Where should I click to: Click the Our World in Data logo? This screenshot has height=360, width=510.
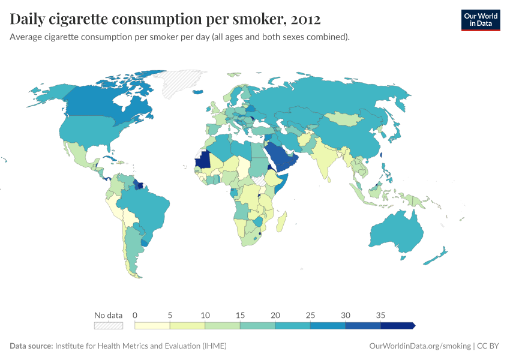tap(480, 20)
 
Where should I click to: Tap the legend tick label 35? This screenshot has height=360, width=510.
tap(380, 315)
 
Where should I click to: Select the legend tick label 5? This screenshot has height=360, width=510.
tap(170, 315)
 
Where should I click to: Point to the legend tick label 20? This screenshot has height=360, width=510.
tap(275, 315)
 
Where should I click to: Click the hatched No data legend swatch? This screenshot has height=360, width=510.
tap(108, 326)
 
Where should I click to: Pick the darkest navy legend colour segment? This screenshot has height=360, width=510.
tap(397, 326)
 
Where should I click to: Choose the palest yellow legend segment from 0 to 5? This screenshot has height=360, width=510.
tap(152, 326)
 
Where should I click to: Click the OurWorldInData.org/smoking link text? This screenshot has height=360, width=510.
tap(418, 346)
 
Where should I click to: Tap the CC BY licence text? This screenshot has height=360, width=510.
tap(489, 346)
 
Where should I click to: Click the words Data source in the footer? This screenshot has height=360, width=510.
tap(31, 346)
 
